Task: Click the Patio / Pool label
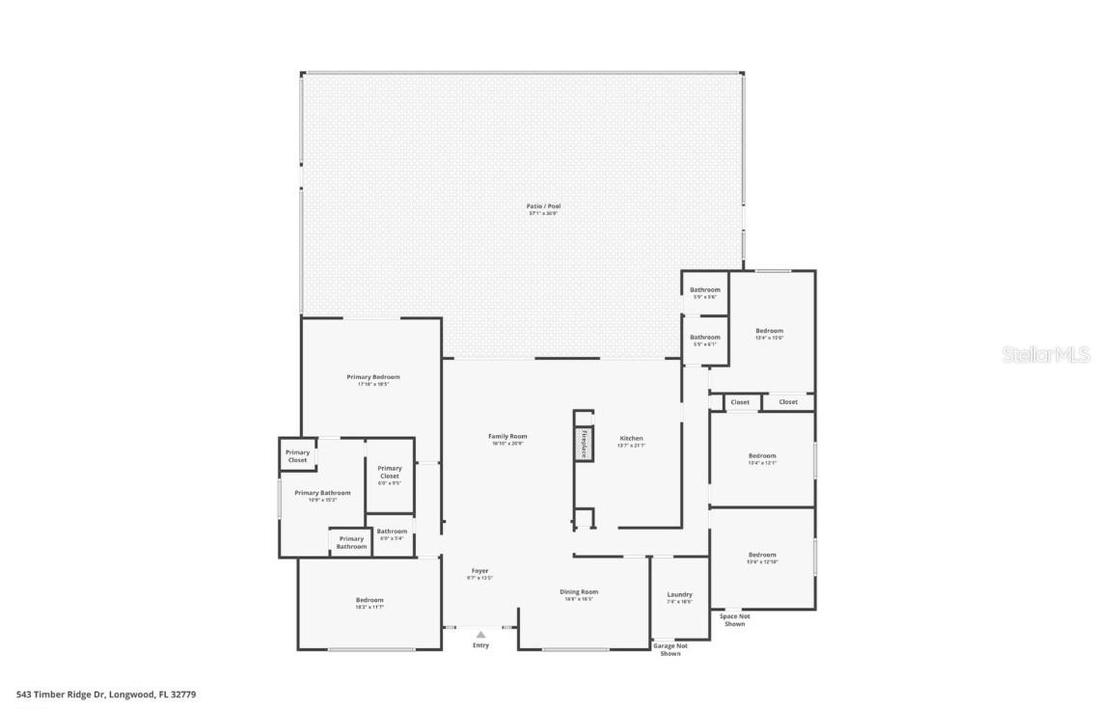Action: [x=543, y=206]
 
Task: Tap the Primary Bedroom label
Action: [x=373, y=377]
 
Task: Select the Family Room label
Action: [x=507, y=436]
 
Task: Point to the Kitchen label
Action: [x=631, y=439]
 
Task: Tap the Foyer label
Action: [x=479, y=571]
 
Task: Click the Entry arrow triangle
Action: [x=480, y=634]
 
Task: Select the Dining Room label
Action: [x=579, y=592]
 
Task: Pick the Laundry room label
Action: [x=679, y=594]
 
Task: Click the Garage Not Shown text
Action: [x=670, y=649]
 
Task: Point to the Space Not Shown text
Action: [x=733, y=619]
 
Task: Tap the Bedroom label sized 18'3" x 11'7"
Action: [x=369, y=600]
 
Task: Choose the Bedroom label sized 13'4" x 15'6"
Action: [x=769, y=331]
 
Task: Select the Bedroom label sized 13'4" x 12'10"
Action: [x=762, y=555]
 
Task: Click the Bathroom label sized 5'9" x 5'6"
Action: [x=704, y=290]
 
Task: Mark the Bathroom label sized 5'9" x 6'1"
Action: [x=704, y=338]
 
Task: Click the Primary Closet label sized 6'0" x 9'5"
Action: [x=390, y=472]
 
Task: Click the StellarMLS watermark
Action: [x=1046, y=355]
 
